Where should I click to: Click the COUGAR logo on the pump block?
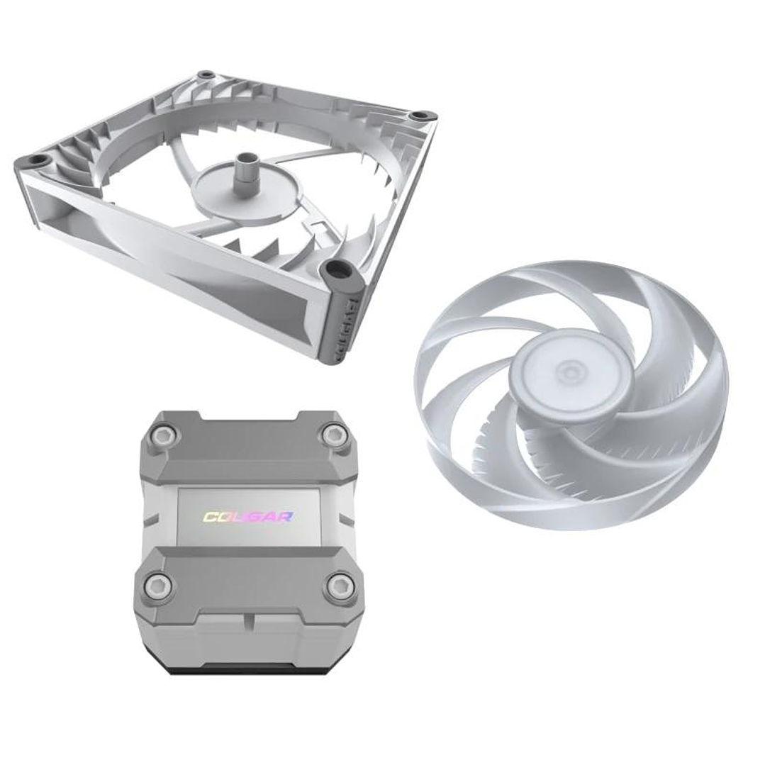(x=248, y=516)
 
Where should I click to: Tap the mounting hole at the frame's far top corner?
(x=206, y=74)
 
